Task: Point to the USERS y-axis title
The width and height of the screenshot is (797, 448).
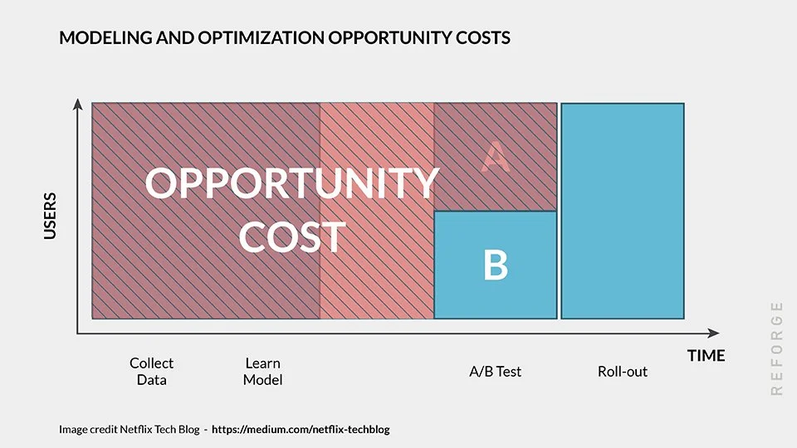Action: (x=51, y=217)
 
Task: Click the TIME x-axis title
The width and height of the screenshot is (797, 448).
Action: (x=706, y=356)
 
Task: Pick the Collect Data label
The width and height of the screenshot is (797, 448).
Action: (x=152, y=372)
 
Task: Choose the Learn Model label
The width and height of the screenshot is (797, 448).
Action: (x=262, y=372)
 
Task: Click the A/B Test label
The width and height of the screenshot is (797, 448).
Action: (x=495, y=372)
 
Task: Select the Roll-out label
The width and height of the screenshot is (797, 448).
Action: (x=623, y=372)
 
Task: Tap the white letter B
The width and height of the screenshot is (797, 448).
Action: (x=496, y=265)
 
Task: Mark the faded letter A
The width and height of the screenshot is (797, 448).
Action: (x=496, y=157)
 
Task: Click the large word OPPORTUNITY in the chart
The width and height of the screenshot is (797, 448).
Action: (x=291, y=184)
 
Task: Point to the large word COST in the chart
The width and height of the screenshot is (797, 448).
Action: (x=291, y=237)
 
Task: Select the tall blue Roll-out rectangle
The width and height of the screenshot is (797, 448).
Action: (x=623, y=211)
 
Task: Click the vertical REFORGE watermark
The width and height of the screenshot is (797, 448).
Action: (x=776, y=348)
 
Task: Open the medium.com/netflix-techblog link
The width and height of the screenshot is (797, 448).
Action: (x=301, y=430)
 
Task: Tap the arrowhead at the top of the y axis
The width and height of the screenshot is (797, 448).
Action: (x=78, y=104)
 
